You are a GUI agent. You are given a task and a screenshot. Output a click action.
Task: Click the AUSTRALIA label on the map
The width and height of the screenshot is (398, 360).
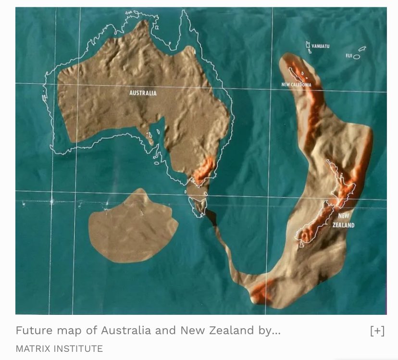tap(143, 93)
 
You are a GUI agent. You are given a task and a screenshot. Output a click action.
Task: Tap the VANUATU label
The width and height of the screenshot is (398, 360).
tap(320, 46)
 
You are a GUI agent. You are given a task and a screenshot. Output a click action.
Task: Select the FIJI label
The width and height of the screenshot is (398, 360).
tap(349, 56)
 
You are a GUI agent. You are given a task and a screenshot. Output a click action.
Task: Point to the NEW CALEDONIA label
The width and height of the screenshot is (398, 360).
tap(296, 85)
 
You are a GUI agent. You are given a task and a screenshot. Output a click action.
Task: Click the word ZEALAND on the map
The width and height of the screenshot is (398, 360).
tap(344, 225)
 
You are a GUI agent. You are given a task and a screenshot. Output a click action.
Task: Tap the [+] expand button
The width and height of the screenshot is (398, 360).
tap(377, 331)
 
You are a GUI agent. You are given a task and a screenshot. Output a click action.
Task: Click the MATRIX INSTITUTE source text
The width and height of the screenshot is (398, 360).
tap(59, 348)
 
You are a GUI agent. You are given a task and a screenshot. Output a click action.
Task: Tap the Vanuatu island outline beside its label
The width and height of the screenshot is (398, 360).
tap(308, 46)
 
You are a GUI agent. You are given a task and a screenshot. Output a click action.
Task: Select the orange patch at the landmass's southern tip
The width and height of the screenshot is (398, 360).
tap(262, 291)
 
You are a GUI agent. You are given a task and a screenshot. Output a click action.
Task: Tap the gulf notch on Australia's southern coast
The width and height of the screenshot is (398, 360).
tap(157, 130)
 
